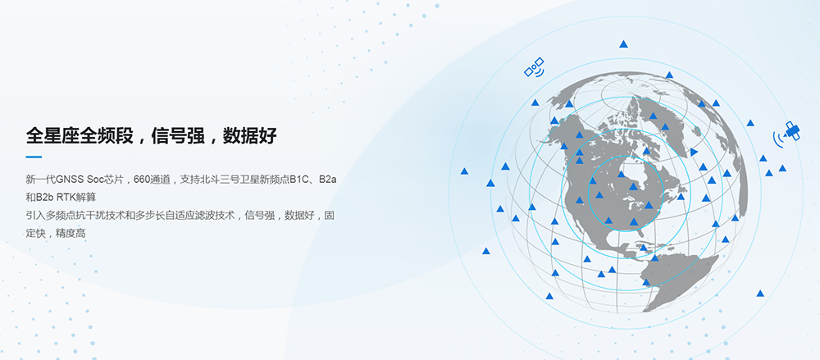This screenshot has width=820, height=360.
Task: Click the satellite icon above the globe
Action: [x=535, y=67]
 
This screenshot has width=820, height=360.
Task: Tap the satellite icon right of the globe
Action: [x=787, y=133]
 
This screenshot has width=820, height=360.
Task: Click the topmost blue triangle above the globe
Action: [x=623, y=44]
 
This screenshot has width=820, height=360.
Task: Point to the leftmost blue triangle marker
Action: [x=464, y=171]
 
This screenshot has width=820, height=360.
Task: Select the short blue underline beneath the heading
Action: [x=34, y=157]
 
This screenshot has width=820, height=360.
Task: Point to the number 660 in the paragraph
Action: [x=141, y=180]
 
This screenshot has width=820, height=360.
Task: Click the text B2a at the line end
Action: [x=327, y=180]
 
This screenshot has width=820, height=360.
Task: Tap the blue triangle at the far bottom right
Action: [x=760, y=294]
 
